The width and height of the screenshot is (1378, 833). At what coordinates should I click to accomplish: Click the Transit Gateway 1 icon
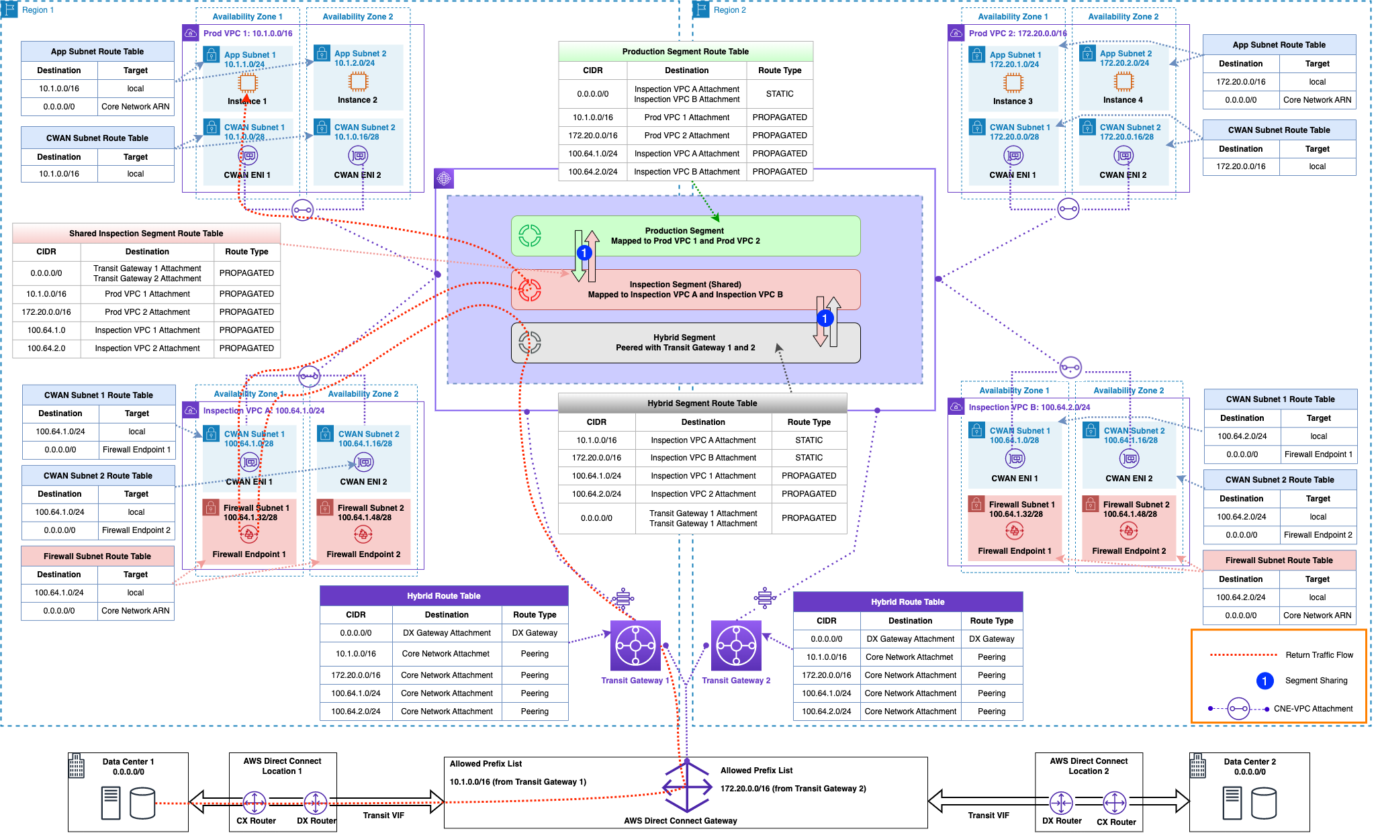tap(635, 646)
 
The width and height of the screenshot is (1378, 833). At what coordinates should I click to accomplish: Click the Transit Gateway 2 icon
tap(736, 646)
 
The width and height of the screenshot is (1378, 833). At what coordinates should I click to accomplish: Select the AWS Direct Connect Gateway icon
tap(686, 787)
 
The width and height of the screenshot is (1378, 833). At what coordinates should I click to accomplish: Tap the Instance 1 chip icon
tap(248, 83)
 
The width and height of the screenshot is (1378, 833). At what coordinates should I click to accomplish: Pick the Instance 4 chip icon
tap(1123, 82)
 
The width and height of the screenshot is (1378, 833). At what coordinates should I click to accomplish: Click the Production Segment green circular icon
tap(529, 236)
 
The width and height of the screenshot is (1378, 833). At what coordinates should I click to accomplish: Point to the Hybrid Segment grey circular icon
tap(529, 342)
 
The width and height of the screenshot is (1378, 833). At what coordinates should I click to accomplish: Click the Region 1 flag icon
tap(10, 9)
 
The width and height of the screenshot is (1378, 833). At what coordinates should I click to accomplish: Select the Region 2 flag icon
tap(702, 9)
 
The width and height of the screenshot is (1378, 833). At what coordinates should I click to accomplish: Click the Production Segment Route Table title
tap(685, 52)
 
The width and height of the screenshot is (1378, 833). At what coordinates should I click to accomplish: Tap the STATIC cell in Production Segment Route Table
tap(779, 94)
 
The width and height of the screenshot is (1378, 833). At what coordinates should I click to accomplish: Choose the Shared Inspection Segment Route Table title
tap(146, 234)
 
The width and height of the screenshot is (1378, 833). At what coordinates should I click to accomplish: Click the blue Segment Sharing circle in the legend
tap(1265, 681)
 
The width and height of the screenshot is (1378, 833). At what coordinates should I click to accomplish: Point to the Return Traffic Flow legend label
tap(1319, 655)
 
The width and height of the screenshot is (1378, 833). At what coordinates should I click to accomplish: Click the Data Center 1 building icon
tap(77, 765)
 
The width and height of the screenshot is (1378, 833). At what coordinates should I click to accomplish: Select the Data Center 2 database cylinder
tap(1263, 803)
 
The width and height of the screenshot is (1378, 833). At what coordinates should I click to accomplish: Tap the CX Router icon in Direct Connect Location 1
tap(255, 802)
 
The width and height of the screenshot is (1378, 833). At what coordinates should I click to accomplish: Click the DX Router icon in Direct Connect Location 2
tap(1061, 802)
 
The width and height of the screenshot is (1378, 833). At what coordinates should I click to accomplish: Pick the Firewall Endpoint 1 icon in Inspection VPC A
tap(249, 534)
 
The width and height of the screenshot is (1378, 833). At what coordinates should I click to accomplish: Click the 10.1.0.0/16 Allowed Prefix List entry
tap(518, 782)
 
